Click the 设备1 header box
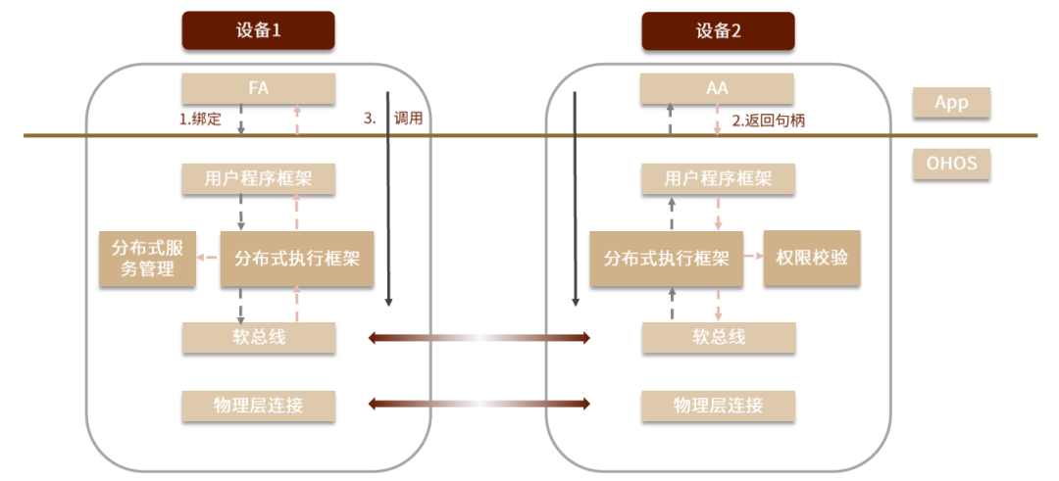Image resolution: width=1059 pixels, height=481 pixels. [258, 30]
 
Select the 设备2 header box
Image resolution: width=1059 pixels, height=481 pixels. [717, 30]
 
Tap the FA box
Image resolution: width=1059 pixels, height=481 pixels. [259, 88]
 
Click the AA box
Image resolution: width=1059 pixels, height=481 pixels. [717, 88]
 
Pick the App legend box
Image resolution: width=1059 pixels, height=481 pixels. [951, 103]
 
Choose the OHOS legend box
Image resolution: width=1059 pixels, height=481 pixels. [951, 164]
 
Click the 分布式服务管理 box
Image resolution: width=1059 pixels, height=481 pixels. [147, 259]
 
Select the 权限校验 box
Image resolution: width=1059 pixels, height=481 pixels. [813, 258]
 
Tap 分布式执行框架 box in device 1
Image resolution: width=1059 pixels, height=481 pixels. [297, 259]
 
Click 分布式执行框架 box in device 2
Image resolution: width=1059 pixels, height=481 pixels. [667, 259]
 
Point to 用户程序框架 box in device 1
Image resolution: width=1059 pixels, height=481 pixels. [259, 178]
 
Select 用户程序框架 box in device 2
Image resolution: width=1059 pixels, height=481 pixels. [717, 178]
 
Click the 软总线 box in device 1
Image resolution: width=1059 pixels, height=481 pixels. [259, 337]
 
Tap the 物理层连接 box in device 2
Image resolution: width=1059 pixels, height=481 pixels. [717, 406]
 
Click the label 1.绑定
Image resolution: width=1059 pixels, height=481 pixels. [200, 120]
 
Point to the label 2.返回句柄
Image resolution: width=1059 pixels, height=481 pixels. [769, 120]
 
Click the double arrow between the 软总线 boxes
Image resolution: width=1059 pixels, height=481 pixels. [479, 337]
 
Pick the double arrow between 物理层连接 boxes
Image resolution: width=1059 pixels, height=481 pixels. [479, 404]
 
